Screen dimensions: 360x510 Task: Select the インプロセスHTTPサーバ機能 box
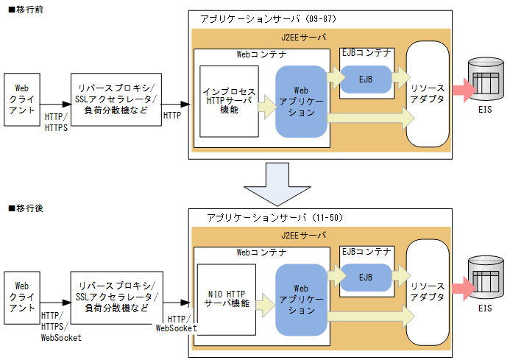229,101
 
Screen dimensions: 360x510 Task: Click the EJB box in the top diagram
366,77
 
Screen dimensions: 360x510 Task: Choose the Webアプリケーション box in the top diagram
300,102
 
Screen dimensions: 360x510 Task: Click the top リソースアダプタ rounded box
428,94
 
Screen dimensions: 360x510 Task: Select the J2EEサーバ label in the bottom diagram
303,235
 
